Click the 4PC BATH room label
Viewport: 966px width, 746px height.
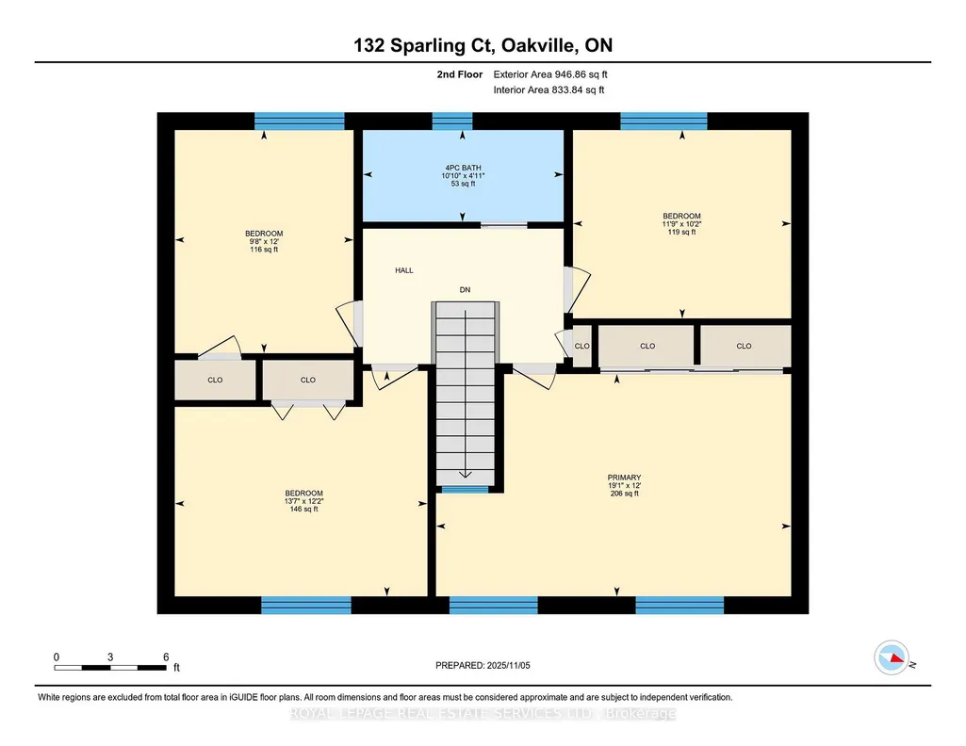tap(463, 168)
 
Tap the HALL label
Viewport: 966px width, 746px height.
tap(404, 270)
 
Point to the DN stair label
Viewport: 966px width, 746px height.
tap(466, 290)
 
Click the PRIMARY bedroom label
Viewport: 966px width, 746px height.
tap(624, 478)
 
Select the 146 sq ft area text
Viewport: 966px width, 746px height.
tap(303, 509)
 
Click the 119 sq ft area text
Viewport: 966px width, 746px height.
tap(681, 232)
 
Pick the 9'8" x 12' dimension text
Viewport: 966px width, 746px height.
tap(264, 241)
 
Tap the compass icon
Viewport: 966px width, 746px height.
tap(892, 658)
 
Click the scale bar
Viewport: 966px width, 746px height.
tap(110, 668)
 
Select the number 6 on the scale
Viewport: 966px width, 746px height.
tap(166, 657)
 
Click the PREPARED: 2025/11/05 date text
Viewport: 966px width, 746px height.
tap(483, 665)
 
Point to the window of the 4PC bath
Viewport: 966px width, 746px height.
tap(452, 122)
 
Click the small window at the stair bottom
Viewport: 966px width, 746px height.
tap(466, 490)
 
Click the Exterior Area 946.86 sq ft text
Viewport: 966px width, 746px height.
tap(550, 74)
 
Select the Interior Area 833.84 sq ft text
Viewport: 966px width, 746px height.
tap(548, 89)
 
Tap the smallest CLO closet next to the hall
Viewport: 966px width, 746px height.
tap(582, 346)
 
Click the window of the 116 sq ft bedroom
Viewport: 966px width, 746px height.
tap(300, 122)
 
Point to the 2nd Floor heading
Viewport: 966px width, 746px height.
tap(460, 74)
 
